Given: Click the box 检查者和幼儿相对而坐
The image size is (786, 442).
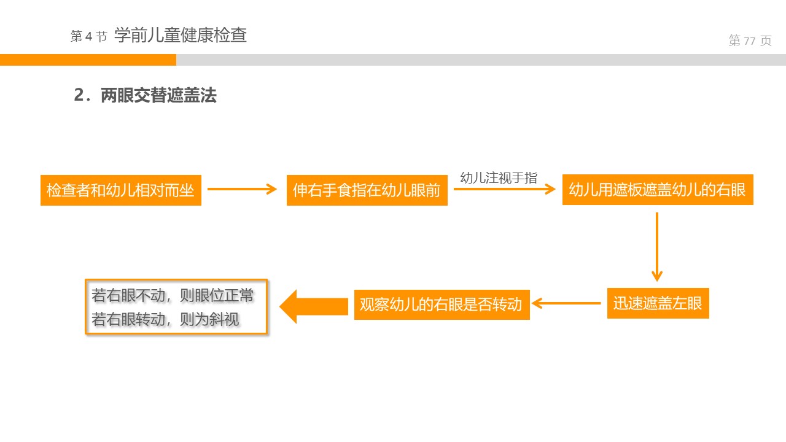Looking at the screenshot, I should pos(120,190).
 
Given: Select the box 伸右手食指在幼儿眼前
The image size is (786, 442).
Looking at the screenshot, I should pos(367,190).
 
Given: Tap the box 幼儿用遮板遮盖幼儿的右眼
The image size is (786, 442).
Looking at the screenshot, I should pos(657,190).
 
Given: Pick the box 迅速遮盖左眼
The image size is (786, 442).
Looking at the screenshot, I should pos(658,303).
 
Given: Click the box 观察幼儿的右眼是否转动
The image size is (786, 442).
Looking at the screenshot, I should pos(442,304).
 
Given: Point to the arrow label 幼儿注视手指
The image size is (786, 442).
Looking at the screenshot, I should pos(499,178).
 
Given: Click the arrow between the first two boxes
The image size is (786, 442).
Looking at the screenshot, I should pos(243,189).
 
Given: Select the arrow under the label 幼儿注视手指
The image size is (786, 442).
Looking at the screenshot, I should pos(504,189).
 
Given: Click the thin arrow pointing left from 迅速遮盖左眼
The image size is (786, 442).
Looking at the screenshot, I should pos(566,303).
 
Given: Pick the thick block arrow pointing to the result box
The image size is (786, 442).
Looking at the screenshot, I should pos(314,306).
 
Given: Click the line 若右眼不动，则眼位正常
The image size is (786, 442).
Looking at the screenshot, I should pos(173,295).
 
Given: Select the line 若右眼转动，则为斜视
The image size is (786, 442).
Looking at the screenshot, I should pos(165,319).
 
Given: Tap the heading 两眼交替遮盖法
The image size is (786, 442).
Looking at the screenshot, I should pos(158,95).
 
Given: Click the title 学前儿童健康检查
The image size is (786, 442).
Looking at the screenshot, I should pos(181,35).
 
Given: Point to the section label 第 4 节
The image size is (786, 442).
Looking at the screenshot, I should pos(89,37).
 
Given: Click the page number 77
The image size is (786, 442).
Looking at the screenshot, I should pos(749,41).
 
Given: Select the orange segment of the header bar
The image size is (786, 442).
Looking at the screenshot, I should pos(88,60).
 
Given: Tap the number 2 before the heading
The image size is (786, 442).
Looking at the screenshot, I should pos(79,95).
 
